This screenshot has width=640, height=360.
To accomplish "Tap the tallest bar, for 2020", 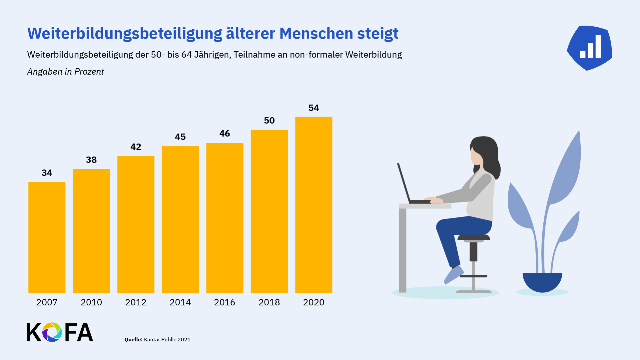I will click(314, 204).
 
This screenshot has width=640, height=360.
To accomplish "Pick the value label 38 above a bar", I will click(91, 160).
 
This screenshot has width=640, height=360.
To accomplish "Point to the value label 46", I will click(225, 134).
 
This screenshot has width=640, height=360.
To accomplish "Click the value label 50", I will click(269, 121).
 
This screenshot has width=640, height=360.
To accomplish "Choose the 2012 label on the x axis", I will click(136, 302).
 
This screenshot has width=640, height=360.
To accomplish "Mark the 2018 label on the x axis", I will click(269, 302).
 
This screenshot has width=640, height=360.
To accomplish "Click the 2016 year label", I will click(225, 302).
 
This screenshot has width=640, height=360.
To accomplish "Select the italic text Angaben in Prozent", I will click(66, 72).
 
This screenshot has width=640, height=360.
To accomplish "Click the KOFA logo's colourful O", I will click(52, 332).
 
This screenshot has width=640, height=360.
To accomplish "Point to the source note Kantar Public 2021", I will click(167, 340).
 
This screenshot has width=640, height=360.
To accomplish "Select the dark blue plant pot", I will click(542, 282).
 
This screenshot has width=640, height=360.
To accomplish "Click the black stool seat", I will click(473, 237).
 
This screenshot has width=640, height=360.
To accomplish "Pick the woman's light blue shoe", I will click(454, 274).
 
